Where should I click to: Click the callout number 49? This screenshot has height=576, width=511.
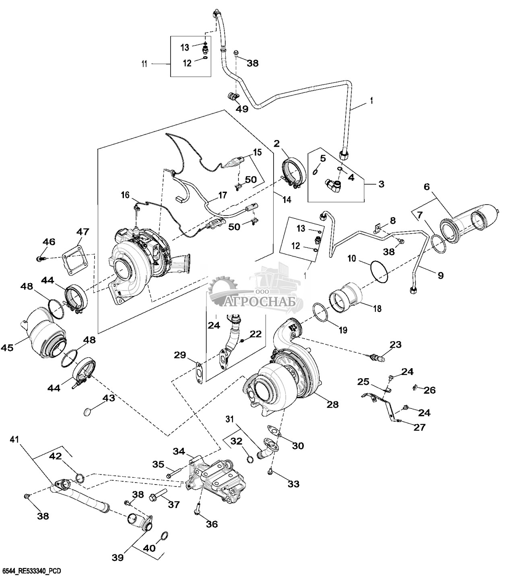pos(242,109)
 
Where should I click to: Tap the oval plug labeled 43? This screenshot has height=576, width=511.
pos(88,412)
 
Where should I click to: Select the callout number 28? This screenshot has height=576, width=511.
pos(333,404)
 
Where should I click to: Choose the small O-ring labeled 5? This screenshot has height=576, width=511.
pos(315,172)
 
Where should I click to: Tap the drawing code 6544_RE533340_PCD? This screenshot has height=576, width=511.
pos(32,571)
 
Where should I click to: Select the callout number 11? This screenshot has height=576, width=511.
pos(144,64)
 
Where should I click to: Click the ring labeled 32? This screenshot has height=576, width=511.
pos(249,460)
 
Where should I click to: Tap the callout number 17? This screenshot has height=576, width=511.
pos(223,196)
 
